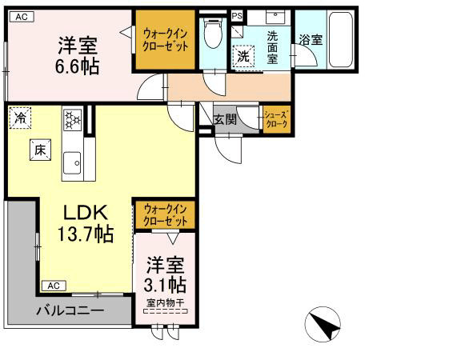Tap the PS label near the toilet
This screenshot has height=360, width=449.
coord(237,16)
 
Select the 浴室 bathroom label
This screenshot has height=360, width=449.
coord(311,38)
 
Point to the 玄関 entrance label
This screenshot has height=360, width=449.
coord(226,119)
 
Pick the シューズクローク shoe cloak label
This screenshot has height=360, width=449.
coord(276,120)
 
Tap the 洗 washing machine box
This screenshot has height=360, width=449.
coord(243,57)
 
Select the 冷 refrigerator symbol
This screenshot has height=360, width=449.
coord(19,118)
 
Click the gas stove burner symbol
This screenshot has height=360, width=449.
coord(74,121)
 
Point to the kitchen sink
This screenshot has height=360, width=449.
coord(74,162)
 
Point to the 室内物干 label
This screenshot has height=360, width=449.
coord(166,302)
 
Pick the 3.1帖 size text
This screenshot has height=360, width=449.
coord(166,274)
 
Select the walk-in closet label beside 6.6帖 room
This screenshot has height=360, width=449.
coord(165,39)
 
